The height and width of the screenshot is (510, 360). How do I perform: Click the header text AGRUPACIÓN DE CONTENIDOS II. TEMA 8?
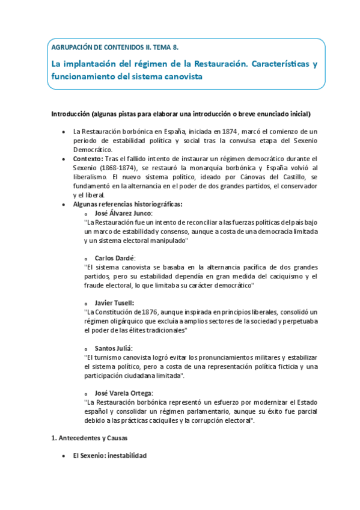point(114,46)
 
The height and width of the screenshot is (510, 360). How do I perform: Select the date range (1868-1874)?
point(120,168)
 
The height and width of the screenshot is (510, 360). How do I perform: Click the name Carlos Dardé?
point(115,258)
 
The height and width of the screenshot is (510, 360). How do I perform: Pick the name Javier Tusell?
point(114,303)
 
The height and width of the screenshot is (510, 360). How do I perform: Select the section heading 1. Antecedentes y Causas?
point(90,438)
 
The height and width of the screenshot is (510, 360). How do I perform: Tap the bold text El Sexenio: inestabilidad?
point(109,456)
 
